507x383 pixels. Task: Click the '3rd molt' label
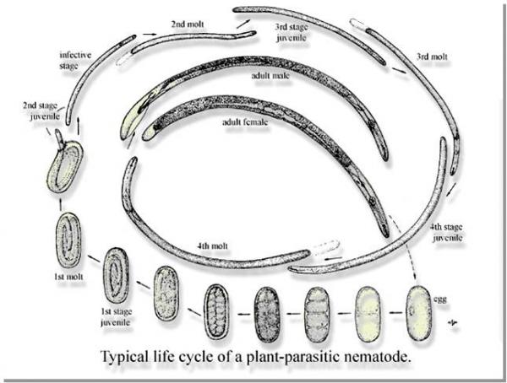tap(432, 58)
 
